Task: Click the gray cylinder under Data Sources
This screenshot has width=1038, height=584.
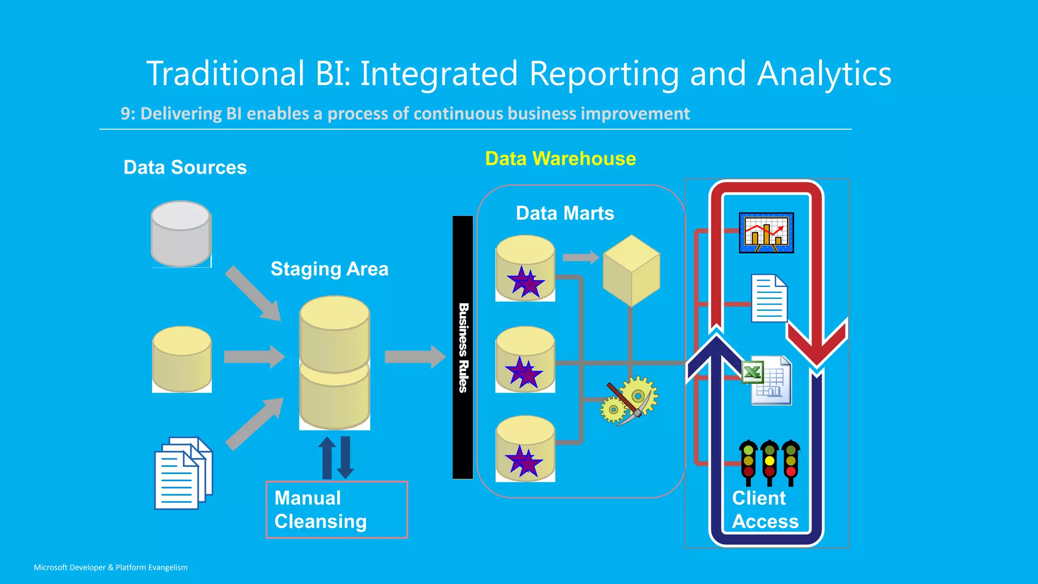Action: tap(181, 234)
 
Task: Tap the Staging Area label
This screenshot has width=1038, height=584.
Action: tap(329, 269)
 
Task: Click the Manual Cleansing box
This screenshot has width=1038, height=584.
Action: tap(337, 509)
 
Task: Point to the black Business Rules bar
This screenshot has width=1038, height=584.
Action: tap(462, 347)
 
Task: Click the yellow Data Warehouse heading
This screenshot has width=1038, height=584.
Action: tap(560, 159)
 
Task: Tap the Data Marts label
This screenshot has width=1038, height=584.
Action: tap(565, 213)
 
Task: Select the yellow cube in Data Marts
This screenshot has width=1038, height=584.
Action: tap(631, 270)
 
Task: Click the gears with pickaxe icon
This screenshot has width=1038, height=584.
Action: tap(629, 400)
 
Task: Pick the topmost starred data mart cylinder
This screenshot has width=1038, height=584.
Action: tap(526, 268)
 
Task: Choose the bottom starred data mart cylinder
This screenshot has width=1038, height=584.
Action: tap(526, 449)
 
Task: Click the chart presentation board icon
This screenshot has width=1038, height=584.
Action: tap(766, 233)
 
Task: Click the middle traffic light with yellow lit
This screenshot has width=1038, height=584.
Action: tap(769, 462)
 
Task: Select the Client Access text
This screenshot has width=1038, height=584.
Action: tap(765, 509)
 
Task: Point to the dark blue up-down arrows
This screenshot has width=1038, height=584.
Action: tap(336, 457)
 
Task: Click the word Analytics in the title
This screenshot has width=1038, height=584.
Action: tap(824, 74)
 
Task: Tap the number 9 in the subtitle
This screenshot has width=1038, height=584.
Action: tap(125, 114)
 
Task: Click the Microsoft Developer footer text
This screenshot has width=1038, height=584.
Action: tap(110, 567)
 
